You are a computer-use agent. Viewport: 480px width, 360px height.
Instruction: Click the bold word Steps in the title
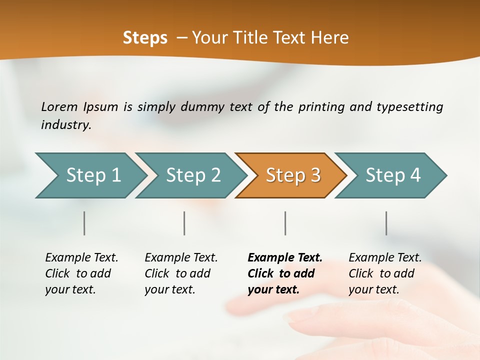coord(145,38)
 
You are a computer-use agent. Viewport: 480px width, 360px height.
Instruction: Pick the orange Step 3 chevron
coord(292,175)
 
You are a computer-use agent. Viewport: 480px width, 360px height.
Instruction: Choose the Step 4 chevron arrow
coord(392,175)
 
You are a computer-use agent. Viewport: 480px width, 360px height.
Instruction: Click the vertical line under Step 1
coord(84,223)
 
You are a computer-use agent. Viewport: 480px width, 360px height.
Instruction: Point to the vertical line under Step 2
coord(184,223)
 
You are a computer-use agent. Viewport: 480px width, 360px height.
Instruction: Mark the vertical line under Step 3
coord(285,223)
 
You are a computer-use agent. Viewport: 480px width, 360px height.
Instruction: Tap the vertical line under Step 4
coord(386,223)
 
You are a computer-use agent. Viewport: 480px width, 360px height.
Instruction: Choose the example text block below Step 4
coord(385,273)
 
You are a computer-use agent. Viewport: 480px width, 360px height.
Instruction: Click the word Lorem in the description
coord(59,106)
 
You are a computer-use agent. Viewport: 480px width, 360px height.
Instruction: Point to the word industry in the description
coord(66,125)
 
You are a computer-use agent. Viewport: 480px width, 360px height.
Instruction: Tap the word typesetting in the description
coord(409,107)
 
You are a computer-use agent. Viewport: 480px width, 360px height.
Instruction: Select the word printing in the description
coord(321,107)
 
